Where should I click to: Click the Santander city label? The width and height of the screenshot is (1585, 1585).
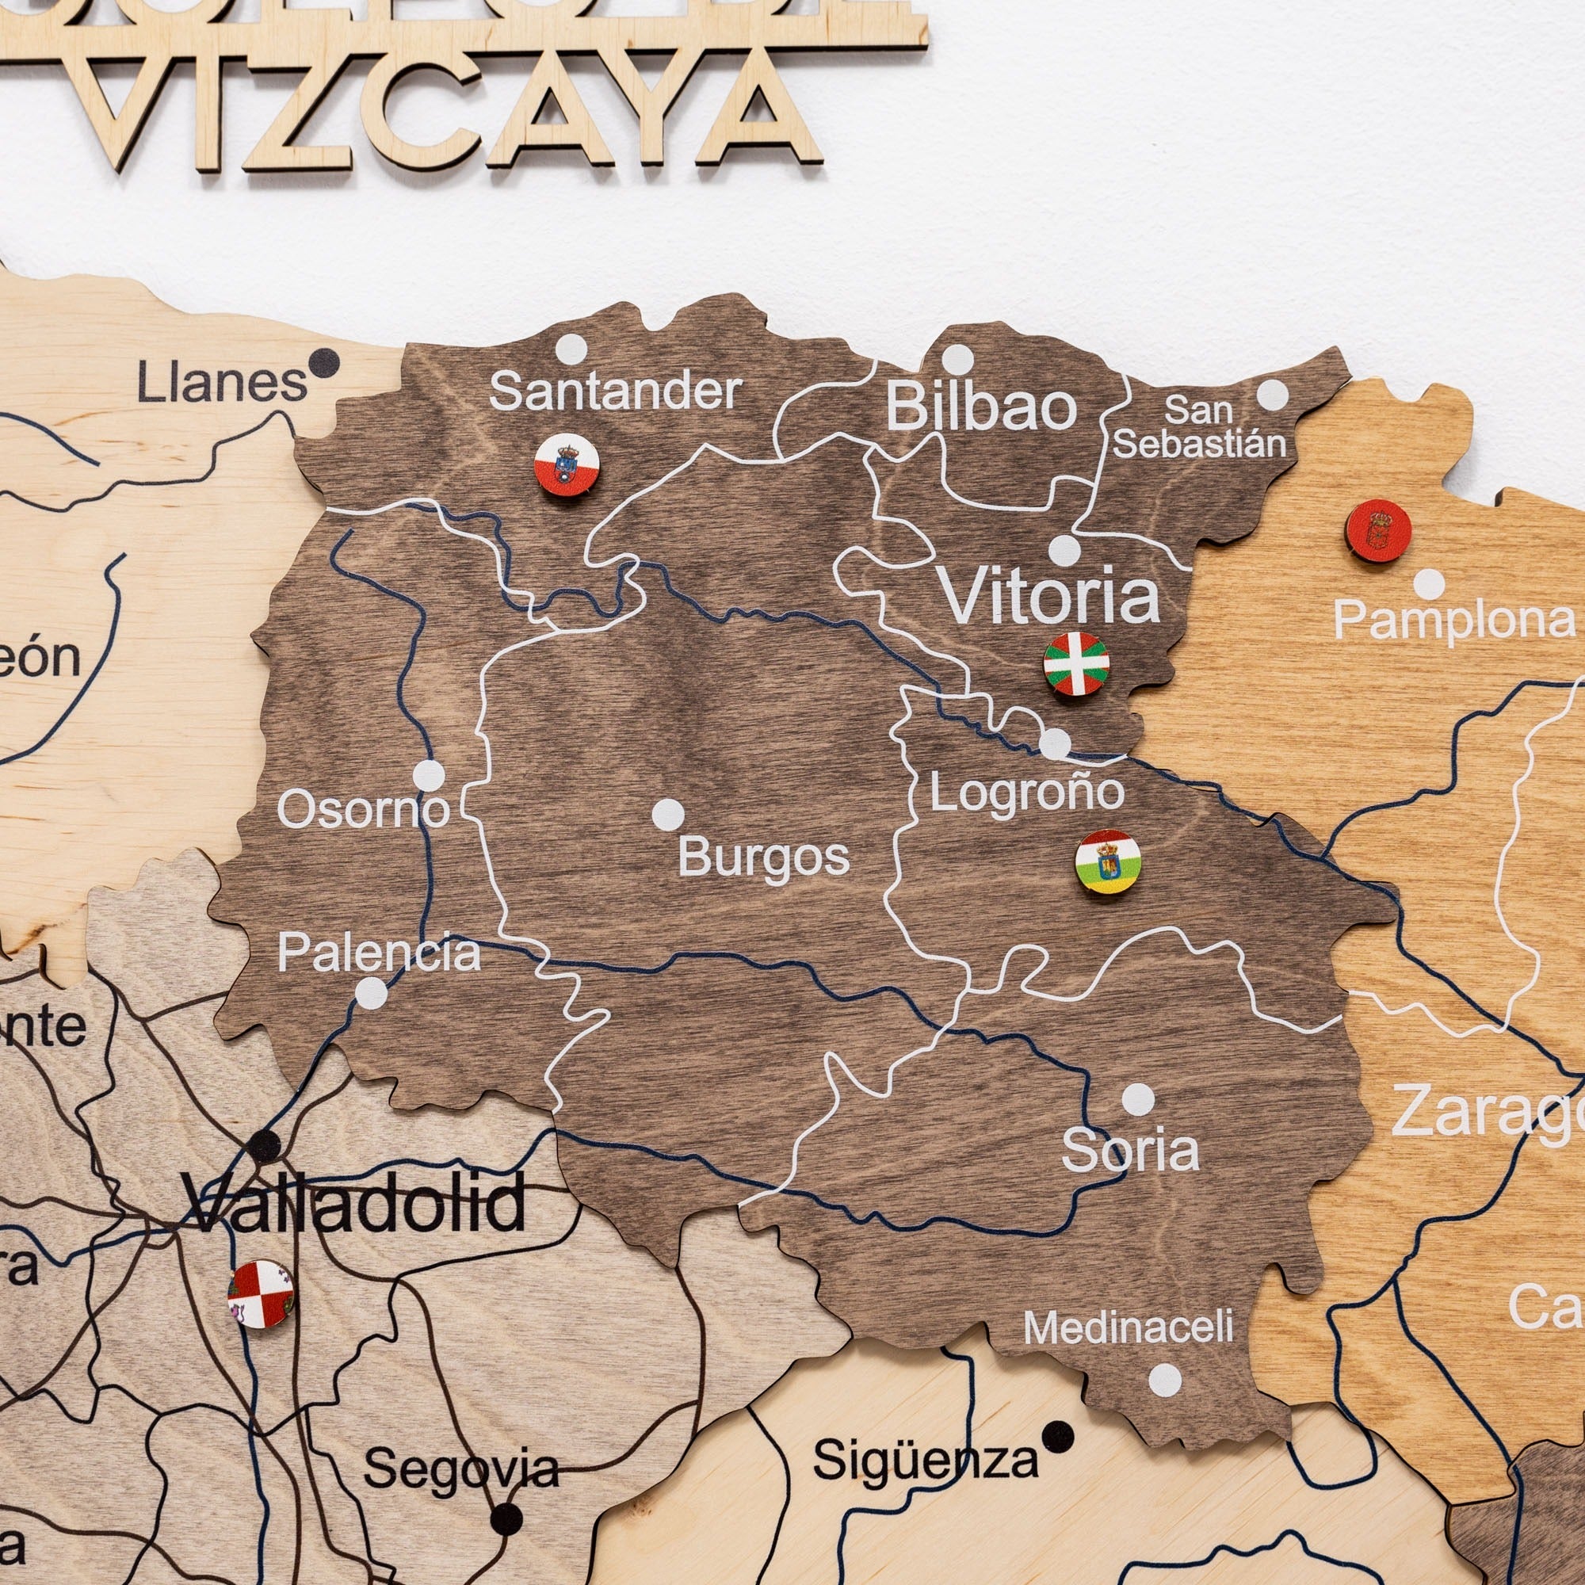[615, 392]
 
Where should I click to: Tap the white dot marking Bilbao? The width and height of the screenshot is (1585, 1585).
[957, 359]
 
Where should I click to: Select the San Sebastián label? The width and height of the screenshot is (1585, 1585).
[1198, 427]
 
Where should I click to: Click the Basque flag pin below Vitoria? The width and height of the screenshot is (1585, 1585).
[1076, 663]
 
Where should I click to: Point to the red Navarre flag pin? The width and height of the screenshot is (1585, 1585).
[1378, 531]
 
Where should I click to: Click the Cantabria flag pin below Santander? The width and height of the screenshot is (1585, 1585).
[567, 465]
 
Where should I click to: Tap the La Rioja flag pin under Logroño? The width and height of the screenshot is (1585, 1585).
[1108, 861]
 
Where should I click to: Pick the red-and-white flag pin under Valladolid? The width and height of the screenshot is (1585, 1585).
[260, 1294]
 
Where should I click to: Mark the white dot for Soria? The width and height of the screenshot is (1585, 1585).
[1138, 1099]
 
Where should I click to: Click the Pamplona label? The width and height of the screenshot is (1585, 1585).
[1453, 621]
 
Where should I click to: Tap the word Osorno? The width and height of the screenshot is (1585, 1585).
[364, 811]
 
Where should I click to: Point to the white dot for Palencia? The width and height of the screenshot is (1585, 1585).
[371, 993]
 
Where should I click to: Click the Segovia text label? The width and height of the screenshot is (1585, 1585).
[461, 1469]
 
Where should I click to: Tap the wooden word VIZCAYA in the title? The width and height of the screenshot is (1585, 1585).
[451, 107]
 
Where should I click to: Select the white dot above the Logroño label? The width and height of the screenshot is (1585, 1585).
[1055, 744]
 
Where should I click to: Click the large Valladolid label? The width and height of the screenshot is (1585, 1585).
[353, 1204]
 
